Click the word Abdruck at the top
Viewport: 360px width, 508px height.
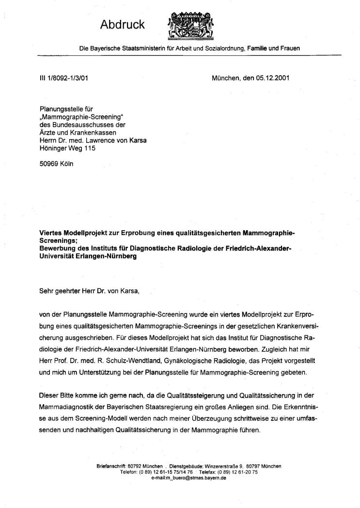point(123,25)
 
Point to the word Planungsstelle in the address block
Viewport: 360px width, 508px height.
point(60,110)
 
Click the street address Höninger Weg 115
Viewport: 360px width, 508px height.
point(68,148)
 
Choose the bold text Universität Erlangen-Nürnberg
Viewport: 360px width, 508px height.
point(88,256)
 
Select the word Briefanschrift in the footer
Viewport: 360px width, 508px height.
point(111,466)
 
